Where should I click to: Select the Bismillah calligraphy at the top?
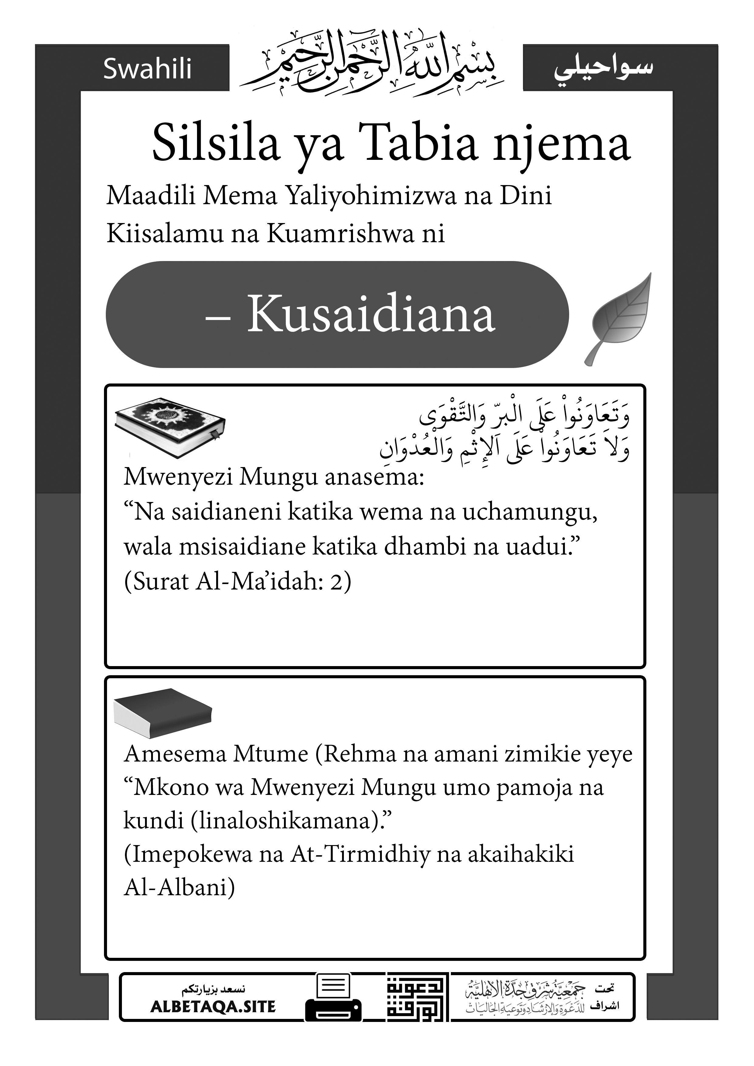(372, 63)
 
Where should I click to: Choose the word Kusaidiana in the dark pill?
(370, 314)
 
